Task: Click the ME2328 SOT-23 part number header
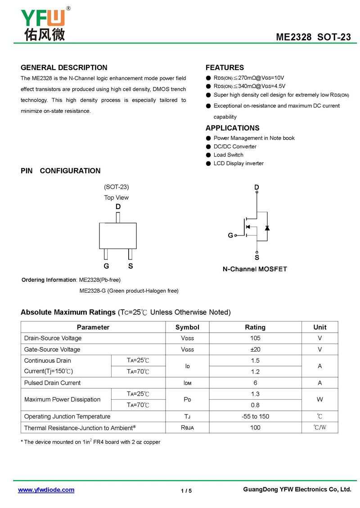pyautogui.click(x=313, y=37)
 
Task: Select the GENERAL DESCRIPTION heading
pyautogui.click(x=64, y=68)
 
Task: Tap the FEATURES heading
pyautogui.click(x=225, y=68)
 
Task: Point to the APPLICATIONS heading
pyautogui.click(x=232, y=128)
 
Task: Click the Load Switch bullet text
pyautogui.click(x=229, y=155)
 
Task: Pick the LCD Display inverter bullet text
pyautogui.click(x=238, y=163)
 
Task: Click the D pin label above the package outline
pyautogui.click(x=118, y=207)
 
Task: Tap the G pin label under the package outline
pyautogui.click(x=106, y=266)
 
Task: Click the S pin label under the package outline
pyautogui.click(x=130, y=266)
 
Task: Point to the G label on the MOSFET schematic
pyautogui.click(x=230, y=236)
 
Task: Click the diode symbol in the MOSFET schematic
pyautogui.click(x=267, y=228)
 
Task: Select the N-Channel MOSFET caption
pyautogui.click(x=255, y=269)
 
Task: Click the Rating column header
pyautogui.click(x=255, y=327)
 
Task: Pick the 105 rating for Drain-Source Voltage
pyautogui.click(x=255, y=338)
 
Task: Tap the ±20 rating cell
pyautogui.click(x=255, y=349)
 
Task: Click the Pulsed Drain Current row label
pyautogui.click(x=52, y=383)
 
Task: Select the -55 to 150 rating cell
pyautogui.click(x=255, y=416)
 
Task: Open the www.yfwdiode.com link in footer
pyautogui.click(x=46, y=490)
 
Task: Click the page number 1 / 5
pyautogui.click(x=186, y=491)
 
